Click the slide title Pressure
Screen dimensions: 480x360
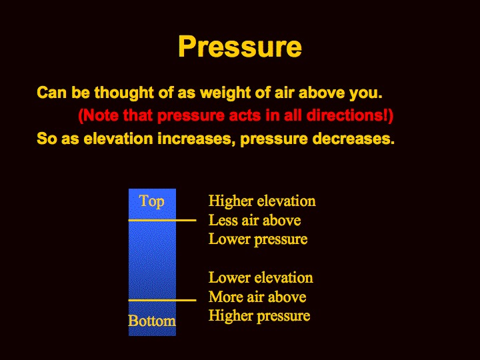(240, 47)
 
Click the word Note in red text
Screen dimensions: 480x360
(101, 115)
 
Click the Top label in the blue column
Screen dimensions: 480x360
(151, 202)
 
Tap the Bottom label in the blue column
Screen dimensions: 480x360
(152, 321)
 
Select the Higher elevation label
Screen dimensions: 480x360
(262, 201)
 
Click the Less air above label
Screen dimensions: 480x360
(255, 220)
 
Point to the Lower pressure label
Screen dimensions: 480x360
(258, 239)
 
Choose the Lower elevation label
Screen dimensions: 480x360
(261, 277)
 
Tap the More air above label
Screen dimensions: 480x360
(257, 297)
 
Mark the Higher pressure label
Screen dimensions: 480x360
(259, 316)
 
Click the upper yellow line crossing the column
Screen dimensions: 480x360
(162, 220)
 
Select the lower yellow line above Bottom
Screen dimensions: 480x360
(162, 300)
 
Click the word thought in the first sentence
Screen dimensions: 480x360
(124, 92)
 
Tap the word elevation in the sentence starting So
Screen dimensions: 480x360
(118, 139)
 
